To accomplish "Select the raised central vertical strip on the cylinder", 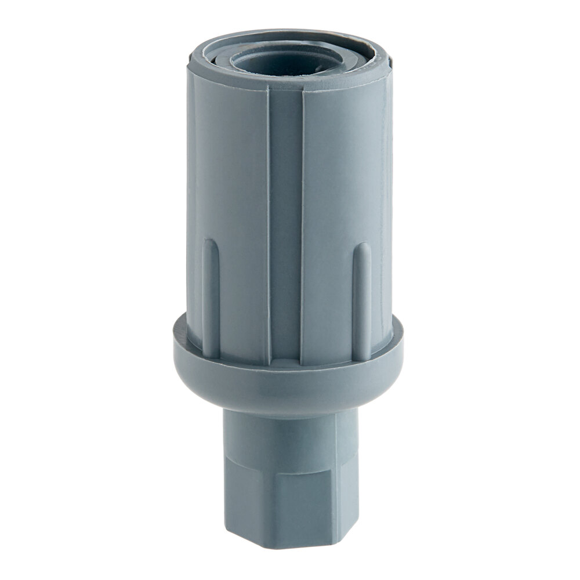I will (285, 220).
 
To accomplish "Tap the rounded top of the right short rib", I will (362, 248).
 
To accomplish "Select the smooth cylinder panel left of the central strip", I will (232, 174).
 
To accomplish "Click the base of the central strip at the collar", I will (285, 357).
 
